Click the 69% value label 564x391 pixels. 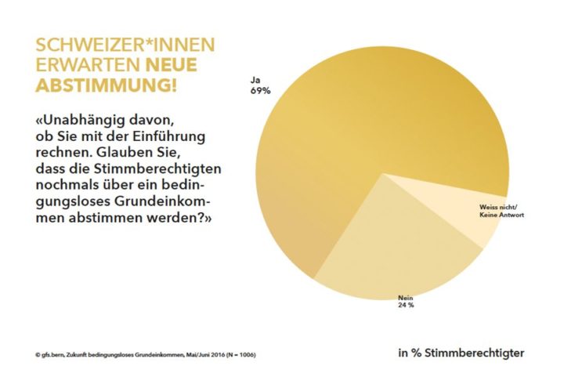(x=260, y=91)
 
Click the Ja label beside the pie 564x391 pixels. (x=255, y=80)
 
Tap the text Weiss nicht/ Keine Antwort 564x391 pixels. (x=501, y=209)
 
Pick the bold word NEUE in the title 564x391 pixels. (x=170, y=64)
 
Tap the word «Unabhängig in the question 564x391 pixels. (x=86, y=121)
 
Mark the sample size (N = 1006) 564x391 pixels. (x=237, y=354)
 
